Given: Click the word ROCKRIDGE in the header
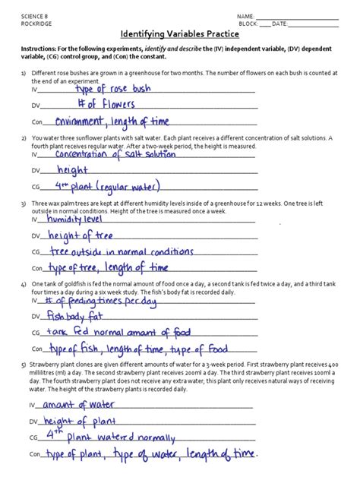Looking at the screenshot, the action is [x=39, y=24].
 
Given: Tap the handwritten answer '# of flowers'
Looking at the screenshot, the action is [x=108, y=105].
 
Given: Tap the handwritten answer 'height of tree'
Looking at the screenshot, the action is [x=79, y=235].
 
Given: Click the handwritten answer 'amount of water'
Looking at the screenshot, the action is [x=77, y=404].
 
